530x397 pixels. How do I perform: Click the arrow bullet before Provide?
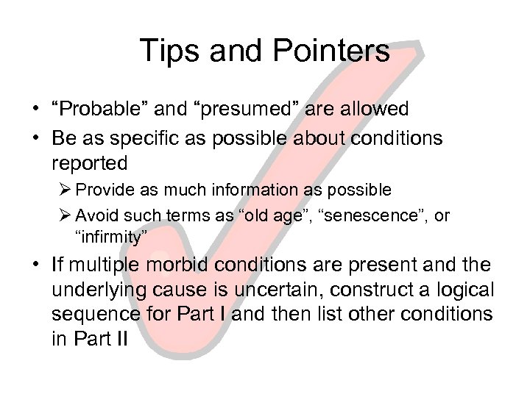click(x=82, y=190)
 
